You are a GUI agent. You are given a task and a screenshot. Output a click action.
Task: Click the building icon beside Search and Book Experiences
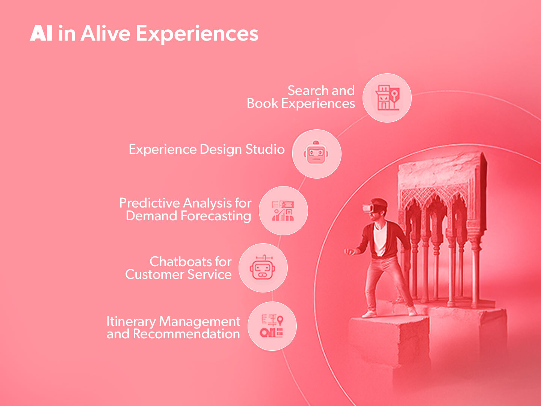pos(387,98)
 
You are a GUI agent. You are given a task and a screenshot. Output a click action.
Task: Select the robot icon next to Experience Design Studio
pos(316,154)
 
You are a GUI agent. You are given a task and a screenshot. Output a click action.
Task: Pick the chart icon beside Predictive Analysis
pos(283,211)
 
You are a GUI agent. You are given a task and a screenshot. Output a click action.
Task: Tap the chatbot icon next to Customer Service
pos(263,268)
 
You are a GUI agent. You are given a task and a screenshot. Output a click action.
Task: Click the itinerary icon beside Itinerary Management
pos(272,326)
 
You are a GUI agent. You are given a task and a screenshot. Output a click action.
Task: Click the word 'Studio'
pos(265,149)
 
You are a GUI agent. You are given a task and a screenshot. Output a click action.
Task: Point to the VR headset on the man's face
pos(369,207)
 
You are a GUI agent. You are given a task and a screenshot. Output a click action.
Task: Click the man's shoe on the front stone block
pos(369,314)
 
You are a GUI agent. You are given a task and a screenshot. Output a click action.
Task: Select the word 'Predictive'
pos(149,203)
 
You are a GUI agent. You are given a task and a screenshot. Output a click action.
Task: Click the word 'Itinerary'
pos(131,321)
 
